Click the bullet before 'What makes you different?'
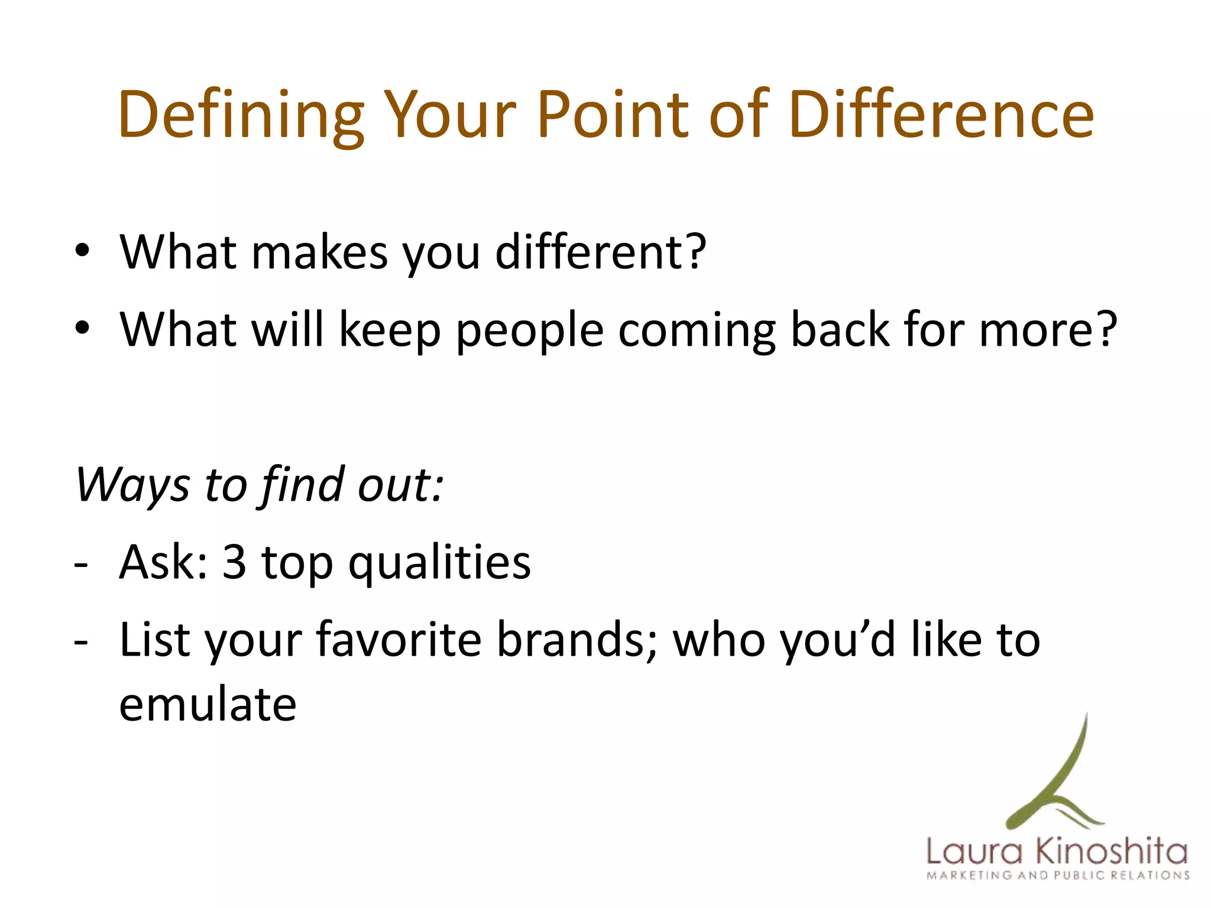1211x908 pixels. (82, 251)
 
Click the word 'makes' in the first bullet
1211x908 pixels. (319, 252)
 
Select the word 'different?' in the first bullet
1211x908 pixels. (600, 252)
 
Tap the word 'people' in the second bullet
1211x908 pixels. (529, 331)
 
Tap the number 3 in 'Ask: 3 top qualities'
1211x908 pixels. (234, 562)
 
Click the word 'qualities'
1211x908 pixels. (439, 563)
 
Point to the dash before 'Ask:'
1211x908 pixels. (81, 565)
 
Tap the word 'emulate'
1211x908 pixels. (208, 705)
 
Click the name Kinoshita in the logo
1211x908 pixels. (1111, 852)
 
